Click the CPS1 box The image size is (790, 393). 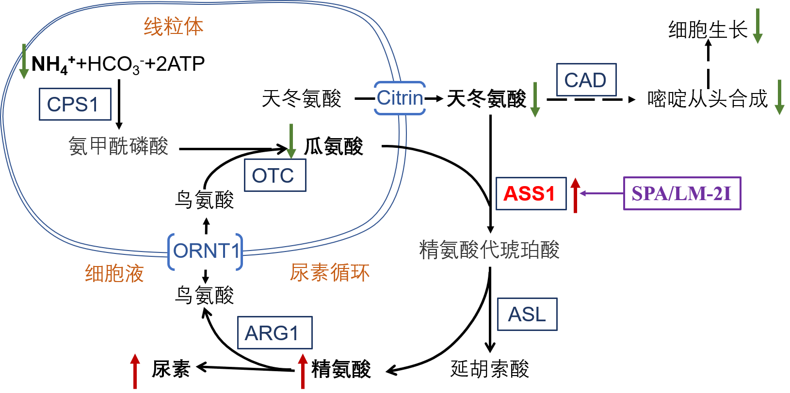[x=75, y=104]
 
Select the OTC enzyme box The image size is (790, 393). [x=275, y=175]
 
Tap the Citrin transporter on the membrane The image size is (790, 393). [x=400, y=98]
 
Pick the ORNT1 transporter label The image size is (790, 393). [x=206, y=252]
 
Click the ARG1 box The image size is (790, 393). [x=274, y=333]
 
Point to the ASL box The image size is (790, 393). [x=527, y=314]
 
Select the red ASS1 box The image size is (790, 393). [x=531, y=193]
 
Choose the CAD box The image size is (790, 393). [x=586, y=80]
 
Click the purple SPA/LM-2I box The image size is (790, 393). [x=682, y=193]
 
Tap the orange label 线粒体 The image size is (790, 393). [x=174, y=26]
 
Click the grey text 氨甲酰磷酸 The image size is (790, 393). [x=118, y=146]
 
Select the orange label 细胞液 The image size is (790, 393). [x=114, y=273]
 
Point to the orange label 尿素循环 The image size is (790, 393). [x=330, y=272]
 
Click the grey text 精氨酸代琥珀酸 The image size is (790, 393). [x=489, y=250]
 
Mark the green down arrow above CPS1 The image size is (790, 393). [x=24, y=62]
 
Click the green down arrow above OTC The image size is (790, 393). [x=291, y=141]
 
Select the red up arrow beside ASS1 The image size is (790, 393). [x=575, y=195]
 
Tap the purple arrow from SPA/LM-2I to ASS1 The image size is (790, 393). [x=601, y=193]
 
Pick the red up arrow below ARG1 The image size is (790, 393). [x=303, y=371]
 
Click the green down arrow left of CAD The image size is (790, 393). [x=535, y=99]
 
